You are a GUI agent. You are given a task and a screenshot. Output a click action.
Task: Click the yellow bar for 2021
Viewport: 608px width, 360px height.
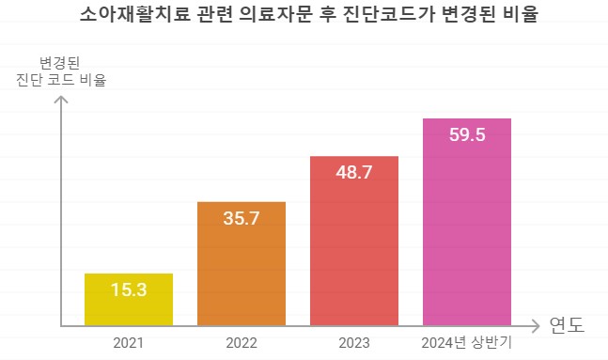[129, 300]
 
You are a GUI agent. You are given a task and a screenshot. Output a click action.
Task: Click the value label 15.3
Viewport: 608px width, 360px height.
[129, 290]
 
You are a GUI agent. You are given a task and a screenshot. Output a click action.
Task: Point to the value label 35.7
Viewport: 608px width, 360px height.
[242, 218]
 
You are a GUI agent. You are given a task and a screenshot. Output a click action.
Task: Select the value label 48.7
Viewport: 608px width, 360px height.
[354, 173]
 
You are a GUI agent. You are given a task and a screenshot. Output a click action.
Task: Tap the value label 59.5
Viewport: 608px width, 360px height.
[467, 134]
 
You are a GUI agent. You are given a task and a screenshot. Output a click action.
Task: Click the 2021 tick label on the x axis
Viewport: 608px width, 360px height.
[129, 342]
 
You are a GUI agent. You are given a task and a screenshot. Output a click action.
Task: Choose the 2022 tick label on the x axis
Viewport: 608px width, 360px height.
[242, 342]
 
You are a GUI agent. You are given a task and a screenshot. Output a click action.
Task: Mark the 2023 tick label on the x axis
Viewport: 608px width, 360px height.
[354, 342]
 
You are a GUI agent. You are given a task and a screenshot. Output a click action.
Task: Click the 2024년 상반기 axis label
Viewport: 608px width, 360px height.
[467, 342]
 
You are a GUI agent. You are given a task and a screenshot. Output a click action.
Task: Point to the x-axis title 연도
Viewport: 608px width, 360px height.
[567, 326]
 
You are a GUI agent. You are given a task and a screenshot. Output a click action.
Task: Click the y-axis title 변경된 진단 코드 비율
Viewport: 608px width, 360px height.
[61, 71]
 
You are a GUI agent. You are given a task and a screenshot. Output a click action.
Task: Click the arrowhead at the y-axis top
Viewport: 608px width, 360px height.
[62, 95]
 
